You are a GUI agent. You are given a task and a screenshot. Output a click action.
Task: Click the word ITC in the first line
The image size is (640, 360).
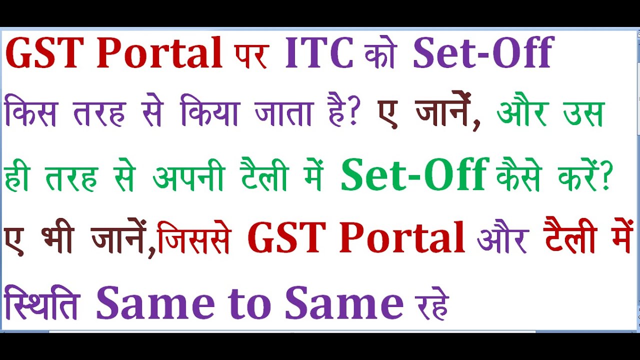click(x=319, y=53)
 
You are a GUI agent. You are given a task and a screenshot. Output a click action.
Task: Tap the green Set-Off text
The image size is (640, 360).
click(x=414, y=175)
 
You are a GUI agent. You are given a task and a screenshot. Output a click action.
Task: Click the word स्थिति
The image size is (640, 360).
click(x=41, y=302)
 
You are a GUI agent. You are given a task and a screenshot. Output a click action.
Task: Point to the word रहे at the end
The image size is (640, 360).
click(x=430, y=304)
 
